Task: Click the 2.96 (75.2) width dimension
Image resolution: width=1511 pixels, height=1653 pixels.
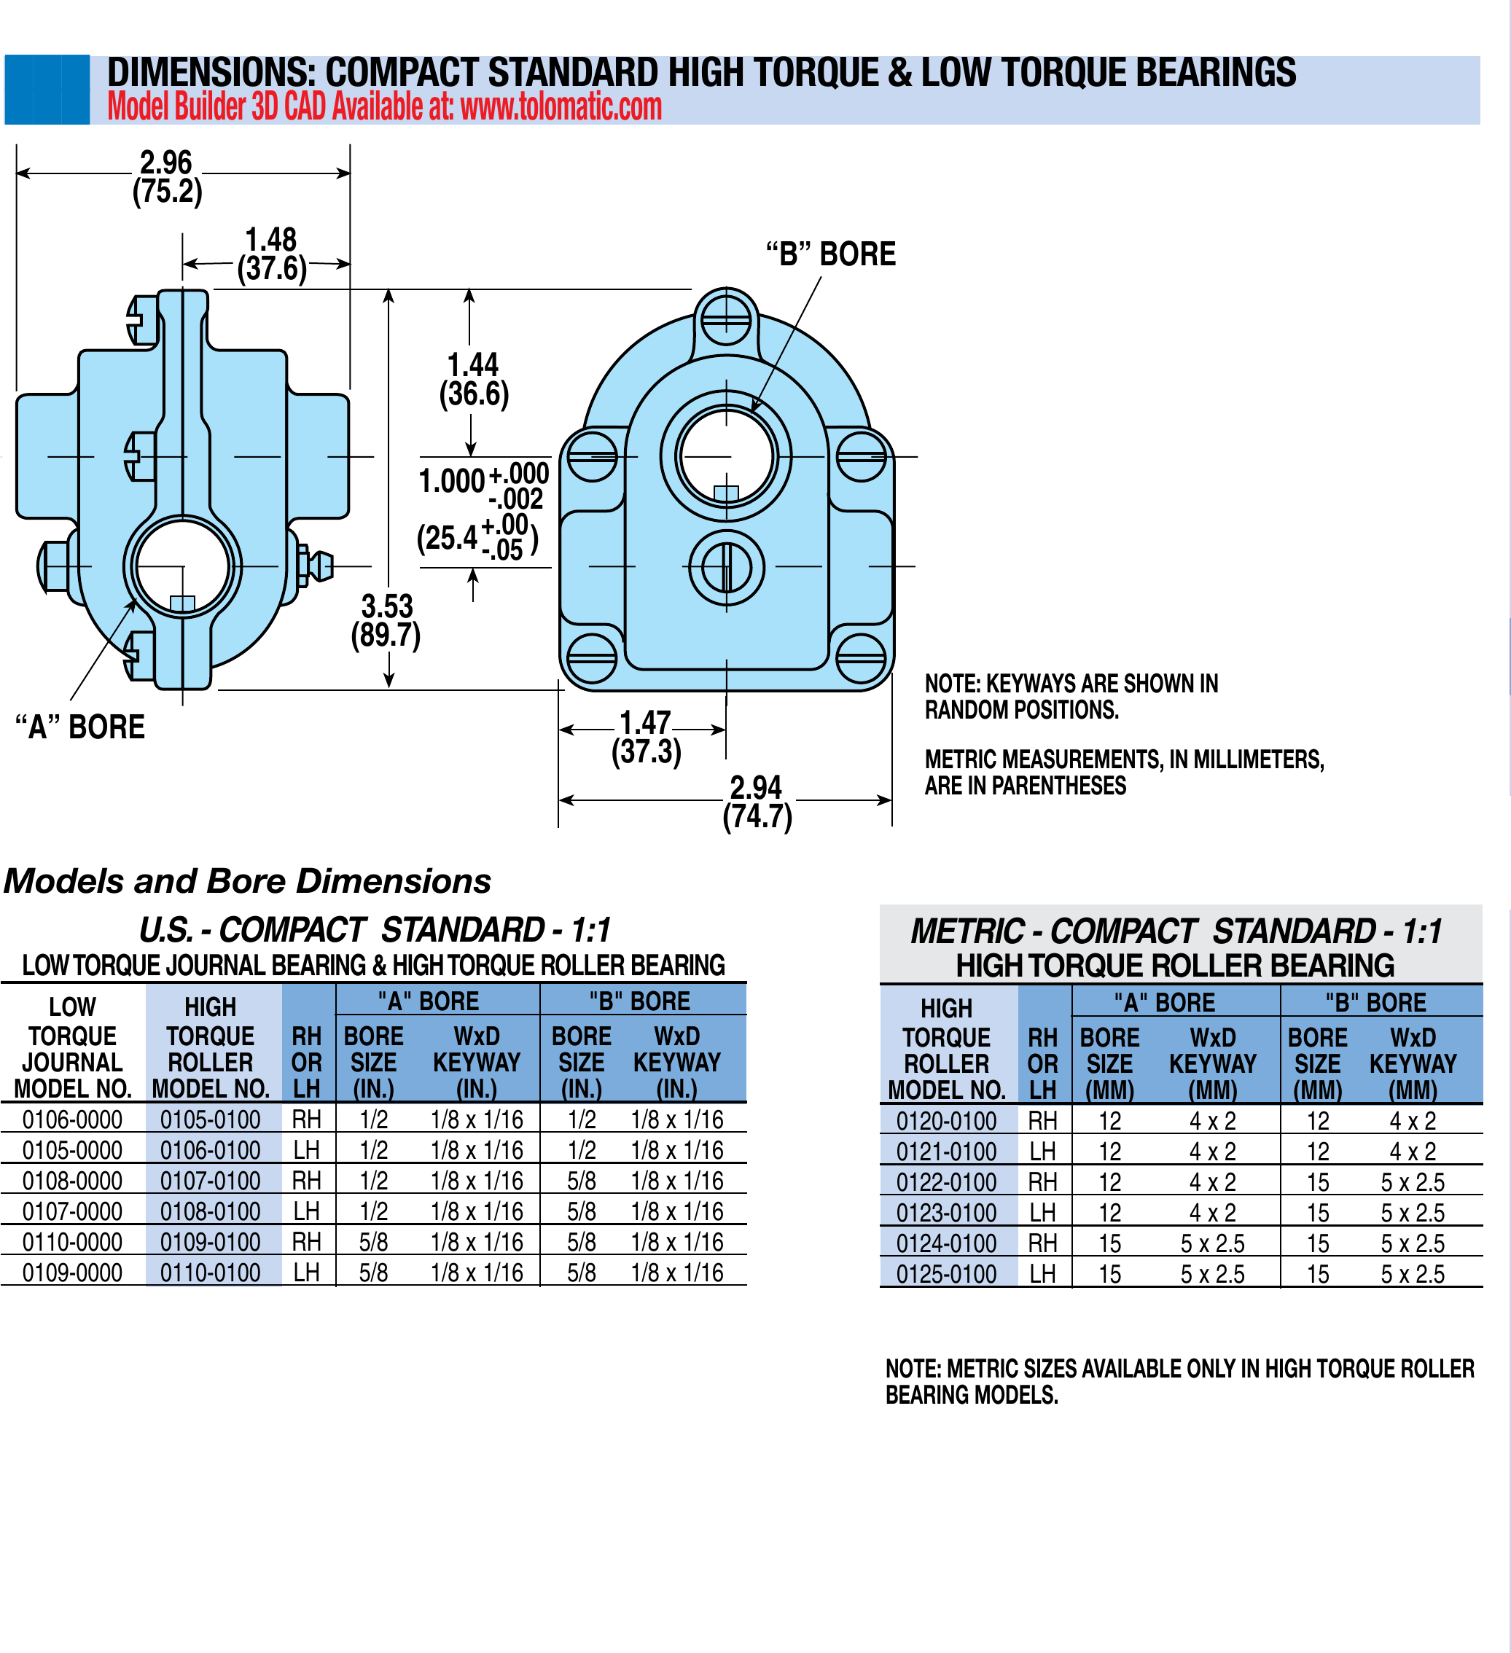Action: [x=166, y=176]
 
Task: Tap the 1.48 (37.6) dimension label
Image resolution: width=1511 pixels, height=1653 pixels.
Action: [x=271, y=254]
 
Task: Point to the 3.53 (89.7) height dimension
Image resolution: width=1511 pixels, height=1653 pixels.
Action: [x=386, y=621]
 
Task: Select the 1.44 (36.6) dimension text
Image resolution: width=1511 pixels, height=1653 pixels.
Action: [x=474, y=380]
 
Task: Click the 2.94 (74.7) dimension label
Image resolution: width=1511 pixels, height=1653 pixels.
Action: [x=757, y=802]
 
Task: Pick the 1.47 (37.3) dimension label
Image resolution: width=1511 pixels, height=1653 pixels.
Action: [x=646, y=737]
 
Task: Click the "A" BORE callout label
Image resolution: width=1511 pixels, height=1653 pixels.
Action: [x=80, y=727]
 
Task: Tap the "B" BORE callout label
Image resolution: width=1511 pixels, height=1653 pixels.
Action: [x=830, y=254]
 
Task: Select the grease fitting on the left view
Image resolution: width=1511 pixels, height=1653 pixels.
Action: [x=317, y=566]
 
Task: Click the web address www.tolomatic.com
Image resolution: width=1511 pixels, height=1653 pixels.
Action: [x=561, y=107]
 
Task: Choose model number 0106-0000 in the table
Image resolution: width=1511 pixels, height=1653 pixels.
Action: [x=72, y=1119]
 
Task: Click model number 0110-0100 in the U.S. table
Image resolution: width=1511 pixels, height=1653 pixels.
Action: [x=210, y=1273]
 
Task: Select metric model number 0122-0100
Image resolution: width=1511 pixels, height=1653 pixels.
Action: [x=946, y=1182]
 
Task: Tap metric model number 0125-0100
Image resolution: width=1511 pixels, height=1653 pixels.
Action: [x=946, y=1274]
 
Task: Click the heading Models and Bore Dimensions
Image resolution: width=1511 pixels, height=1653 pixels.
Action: [x=248, y=881]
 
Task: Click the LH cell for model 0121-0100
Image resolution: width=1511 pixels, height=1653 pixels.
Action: [x=1042, y=1152]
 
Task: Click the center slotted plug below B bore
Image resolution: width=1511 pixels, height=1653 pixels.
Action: [x=727, y=567]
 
